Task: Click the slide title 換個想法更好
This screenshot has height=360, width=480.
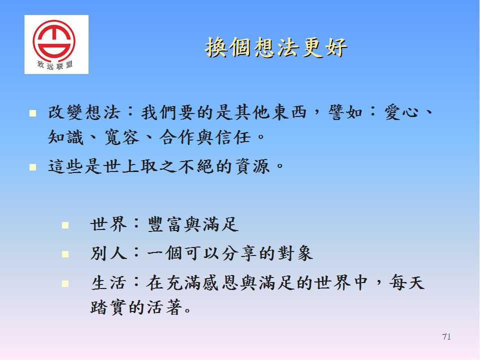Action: tap(276, 48)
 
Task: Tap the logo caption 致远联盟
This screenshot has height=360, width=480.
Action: tap(55, 65)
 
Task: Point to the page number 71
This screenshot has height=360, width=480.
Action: tap(446, 336)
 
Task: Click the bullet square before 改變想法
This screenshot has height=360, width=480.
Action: tap(33, 113)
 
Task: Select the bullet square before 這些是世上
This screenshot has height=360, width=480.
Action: tap(33, 167)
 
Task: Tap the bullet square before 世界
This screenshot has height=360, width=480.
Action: tap(65, 225)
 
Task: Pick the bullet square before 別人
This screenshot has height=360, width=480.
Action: tap(65, 254)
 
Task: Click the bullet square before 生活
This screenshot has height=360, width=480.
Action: tap(65, 283)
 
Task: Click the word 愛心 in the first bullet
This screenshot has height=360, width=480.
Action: tap(401, 112)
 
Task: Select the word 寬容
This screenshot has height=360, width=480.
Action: tap(121, 137)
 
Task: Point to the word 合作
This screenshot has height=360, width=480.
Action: tap(177, 137)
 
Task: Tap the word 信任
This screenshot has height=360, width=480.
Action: tap(232, 137)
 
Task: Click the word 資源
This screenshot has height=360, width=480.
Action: tap(252, 166)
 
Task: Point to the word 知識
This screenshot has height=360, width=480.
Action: tap(66, 137)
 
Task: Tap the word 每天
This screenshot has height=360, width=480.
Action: tap(407, 282)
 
